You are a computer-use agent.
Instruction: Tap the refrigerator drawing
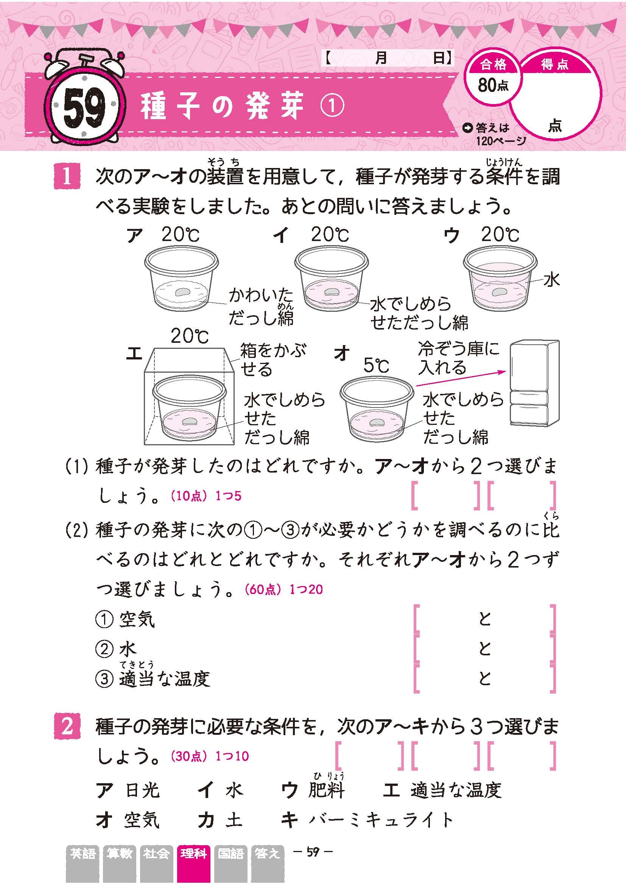click(x=534, y=383)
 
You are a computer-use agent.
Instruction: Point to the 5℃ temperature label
click(x=376, y=365)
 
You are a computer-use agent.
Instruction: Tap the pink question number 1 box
click(x=67, y=177)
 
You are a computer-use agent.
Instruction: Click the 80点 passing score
click(x=493, y=84)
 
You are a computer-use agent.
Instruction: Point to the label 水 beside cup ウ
click(x=551, y=280)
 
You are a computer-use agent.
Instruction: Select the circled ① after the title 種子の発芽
click(x=332, y=106)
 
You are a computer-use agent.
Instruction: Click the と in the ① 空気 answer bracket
click(x=484, y=619)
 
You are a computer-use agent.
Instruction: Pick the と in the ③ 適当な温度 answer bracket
click(x=484, y=678)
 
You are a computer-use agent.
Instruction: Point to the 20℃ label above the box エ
click(x=190, y=336)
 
